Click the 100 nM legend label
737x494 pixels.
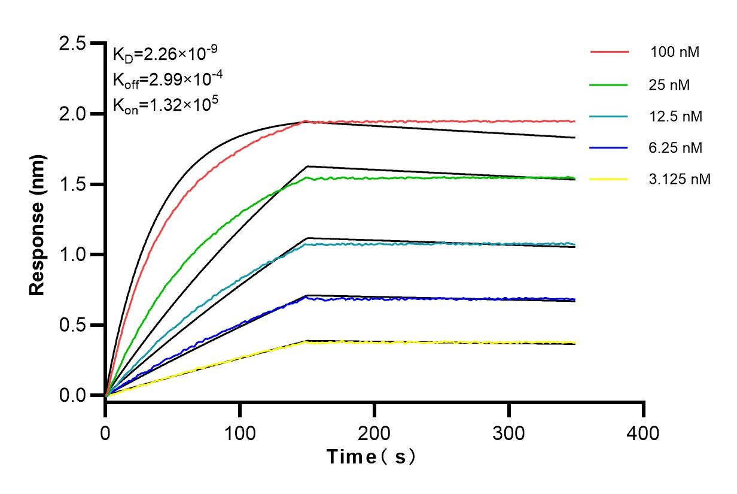tap(675, 52)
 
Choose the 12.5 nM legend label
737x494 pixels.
tap(675, 116)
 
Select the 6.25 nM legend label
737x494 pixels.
tap(675, 147)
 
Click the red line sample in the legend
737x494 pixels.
tap(610, 52)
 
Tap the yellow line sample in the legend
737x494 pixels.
tap(610, 178)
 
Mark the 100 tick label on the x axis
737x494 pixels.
tap(240, 432)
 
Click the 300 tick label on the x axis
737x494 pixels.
tap(509, 432)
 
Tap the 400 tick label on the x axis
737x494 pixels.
tap(644, 432)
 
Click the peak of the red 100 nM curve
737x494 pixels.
tap(306, 121)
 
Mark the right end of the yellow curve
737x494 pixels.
tap(575, 343)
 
